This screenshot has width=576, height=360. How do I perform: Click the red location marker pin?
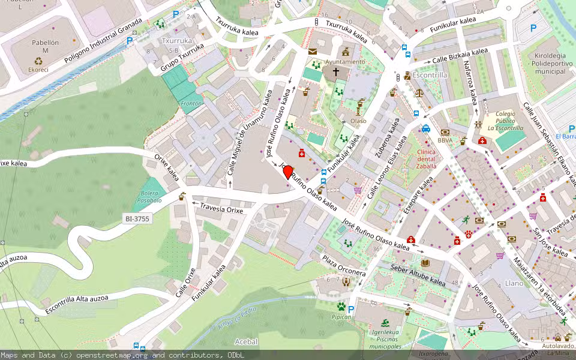(288, 172)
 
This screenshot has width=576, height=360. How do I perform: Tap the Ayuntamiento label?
(344, 62)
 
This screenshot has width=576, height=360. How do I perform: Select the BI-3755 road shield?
(137, 219)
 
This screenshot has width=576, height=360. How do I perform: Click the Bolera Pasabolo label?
(150, 197)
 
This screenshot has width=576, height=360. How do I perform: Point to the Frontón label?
(191, 104)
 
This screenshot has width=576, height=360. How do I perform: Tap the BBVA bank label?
(445, 140)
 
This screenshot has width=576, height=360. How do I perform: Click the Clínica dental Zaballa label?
(426, 158)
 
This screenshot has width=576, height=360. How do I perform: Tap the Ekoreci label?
(38, 69)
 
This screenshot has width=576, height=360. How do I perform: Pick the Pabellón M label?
(46, 46)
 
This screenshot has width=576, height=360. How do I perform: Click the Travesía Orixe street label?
(221, 208)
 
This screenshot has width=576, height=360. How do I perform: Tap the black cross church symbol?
(336, 72)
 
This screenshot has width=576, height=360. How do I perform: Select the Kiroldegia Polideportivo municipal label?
(542, 64)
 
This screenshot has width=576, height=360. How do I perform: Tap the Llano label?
(514, 283)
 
